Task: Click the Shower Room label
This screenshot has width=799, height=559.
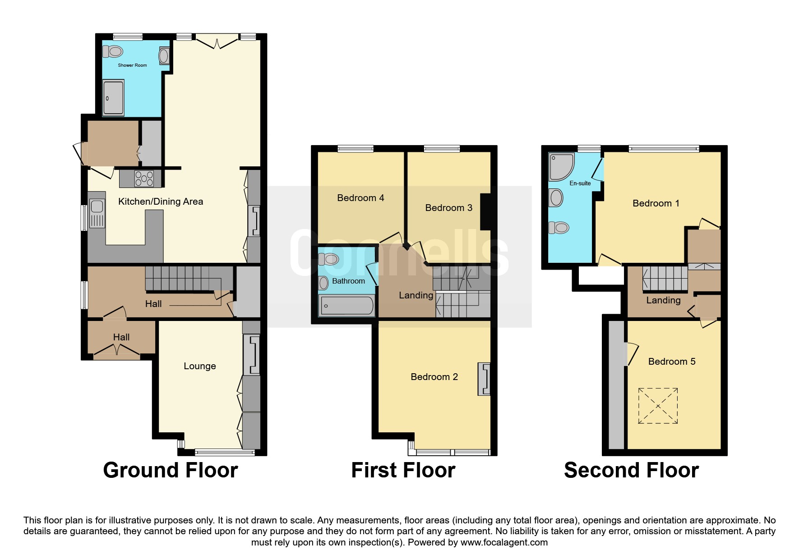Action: (x=132, y=65)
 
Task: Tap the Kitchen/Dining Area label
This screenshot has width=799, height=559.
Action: (x=161, y=202)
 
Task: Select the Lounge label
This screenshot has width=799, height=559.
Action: (x=200, y=366)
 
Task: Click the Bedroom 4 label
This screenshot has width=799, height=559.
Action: (x=360, y=198)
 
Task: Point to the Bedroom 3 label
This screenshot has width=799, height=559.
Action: (x=449, y=208)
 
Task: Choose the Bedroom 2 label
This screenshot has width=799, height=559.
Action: (x=434, y=377)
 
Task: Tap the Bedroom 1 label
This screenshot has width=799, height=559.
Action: (x=656, y=203)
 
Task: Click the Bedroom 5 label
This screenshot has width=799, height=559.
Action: (x=672, y=362)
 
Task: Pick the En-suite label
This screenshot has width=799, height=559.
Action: (x=580, y=183)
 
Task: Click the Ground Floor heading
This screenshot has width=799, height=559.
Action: (x=171, y=470)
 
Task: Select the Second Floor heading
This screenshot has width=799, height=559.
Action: (x=631, y=470)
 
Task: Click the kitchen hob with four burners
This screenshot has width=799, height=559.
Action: (x=144, y=179)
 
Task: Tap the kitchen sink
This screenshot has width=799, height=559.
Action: (x=97, y=213)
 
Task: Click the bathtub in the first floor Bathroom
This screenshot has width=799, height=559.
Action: (x=347, y=306)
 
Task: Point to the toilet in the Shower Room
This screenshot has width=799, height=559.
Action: (x=113, y=51)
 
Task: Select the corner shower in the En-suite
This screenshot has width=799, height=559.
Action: (x=561, y=167)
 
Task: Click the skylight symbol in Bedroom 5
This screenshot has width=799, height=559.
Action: (x=658, y=406)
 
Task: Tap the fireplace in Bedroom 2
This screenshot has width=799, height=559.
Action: (x=484, y=379)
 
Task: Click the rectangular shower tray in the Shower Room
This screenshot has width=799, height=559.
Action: (x=113, y=97)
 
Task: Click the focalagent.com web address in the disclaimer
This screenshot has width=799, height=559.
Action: (x=504, y=542)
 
